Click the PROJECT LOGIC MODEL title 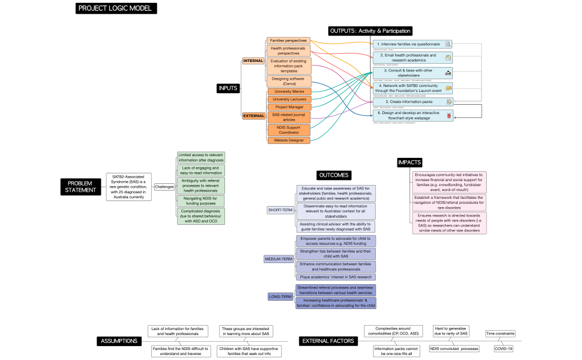click(x=116, y=8)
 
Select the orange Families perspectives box click(x=288, y=41)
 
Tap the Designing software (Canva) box click(x=288, y=81)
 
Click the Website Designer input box click(x=288, y=140)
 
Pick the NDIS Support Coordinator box click(x=288, y=130)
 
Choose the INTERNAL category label click(x=253, y=60)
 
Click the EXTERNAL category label click(x=254, y=116)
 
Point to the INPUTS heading click(x=228, y=88)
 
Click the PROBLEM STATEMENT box click(x=81, y=187)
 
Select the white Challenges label click(x=164, y=187)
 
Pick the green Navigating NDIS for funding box click(x=201, y=200)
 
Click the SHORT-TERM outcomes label click(x=280, y=210)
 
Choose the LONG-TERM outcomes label click(x=280, y=296)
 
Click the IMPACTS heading click(x=410, y=162)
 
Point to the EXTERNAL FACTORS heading click(x=328, y=341)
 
